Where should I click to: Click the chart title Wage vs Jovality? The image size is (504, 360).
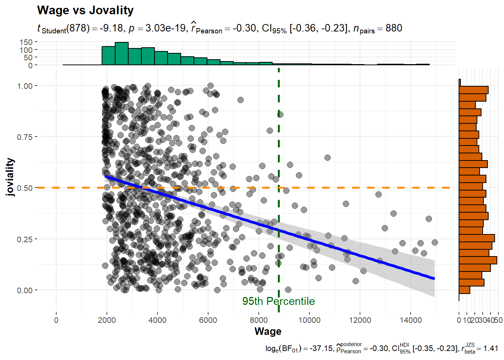85,10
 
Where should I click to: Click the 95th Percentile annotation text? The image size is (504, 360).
278,301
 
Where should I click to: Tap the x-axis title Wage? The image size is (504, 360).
268,331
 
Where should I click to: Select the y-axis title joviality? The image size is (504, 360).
10,177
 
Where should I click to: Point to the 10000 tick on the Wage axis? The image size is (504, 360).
309,320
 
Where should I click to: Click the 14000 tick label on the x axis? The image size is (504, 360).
411,320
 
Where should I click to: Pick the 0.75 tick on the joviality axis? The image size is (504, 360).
25,137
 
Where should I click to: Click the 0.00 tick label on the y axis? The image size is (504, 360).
25,290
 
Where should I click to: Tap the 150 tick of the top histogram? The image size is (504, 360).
26,42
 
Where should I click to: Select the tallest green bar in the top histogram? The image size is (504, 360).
121,54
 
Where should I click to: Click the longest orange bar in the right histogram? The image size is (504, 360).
478,260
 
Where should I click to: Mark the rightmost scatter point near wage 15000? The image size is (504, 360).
435,242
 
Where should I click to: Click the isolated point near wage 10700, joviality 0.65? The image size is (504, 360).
327,157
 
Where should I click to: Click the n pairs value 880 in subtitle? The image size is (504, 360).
394,28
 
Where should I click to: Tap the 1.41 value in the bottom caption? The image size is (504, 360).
490,348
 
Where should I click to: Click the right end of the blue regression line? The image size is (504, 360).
434,278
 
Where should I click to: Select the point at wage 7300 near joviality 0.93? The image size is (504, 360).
240,100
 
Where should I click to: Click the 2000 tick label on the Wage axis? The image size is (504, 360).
107,320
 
